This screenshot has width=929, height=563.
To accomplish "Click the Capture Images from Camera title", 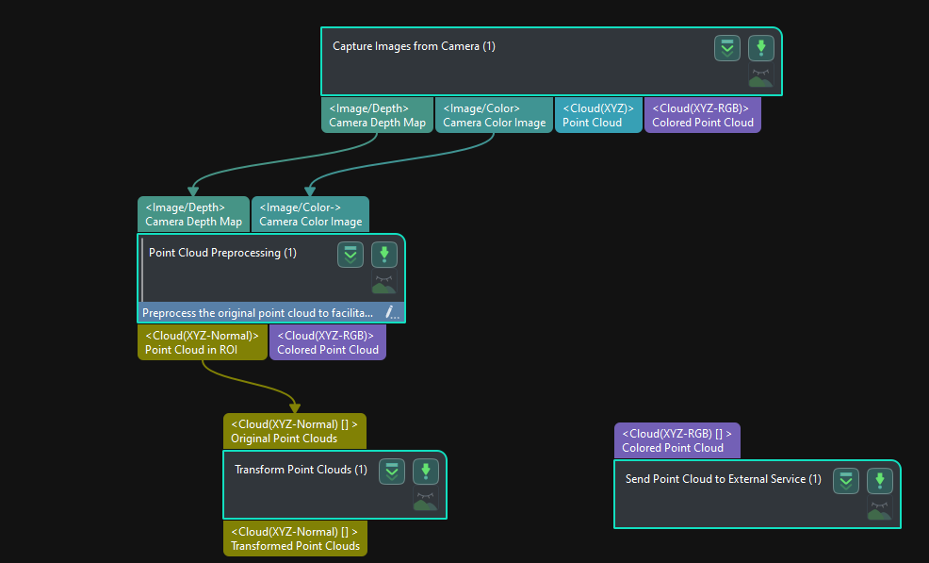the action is [414, 46].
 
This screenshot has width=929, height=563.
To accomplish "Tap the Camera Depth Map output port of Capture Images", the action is [378, 115].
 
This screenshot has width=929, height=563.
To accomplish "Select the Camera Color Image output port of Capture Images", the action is [494, 115].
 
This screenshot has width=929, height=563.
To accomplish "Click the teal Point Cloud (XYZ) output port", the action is [598, 115].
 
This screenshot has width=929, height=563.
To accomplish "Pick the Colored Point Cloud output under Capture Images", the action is [703, 115].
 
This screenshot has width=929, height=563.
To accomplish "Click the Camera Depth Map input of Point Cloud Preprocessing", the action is [194, 214].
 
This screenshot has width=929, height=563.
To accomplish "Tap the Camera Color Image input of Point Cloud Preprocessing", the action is [311, 214].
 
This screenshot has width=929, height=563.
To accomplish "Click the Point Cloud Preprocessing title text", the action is [222, 253].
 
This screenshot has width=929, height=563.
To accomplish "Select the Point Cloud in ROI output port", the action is [202, 342].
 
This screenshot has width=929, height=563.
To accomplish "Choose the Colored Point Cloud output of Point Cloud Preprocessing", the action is [328, 342].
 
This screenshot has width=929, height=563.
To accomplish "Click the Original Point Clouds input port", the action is [295, 431].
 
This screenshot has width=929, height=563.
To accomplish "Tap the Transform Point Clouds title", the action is [301, 470].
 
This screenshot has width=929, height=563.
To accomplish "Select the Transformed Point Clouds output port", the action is [295, 538].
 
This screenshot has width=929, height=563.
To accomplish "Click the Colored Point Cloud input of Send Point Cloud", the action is [677, 440].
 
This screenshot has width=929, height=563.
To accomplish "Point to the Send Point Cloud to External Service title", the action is [724, 479].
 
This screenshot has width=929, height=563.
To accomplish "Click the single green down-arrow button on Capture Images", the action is [761, 48].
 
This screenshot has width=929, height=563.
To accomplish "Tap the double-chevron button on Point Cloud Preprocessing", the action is [350, 255].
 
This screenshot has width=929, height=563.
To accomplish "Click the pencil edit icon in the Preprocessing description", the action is [392, 312].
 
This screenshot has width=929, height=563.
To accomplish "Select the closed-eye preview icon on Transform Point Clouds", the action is [425, 499].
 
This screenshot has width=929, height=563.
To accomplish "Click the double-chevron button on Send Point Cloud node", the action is [846, 481].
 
